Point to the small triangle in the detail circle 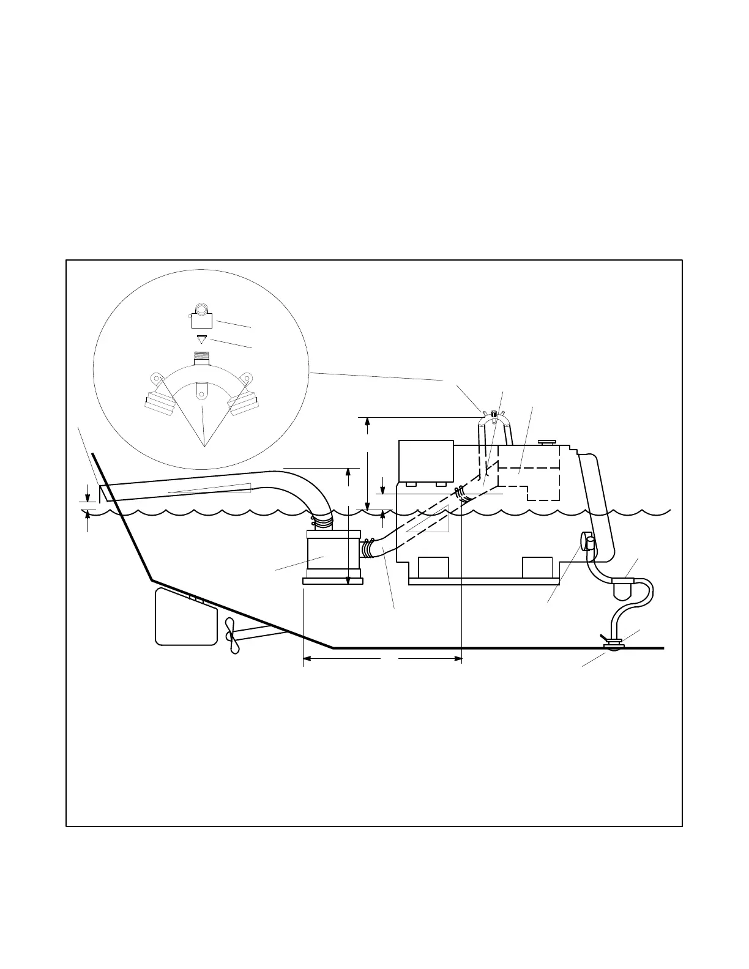pos(201,339)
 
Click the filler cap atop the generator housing pos(546,442)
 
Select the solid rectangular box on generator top pos(425,461)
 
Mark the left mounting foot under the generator pos(433,567)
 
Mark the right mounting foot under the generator pos(537,567)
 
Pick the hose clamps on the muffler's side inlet pos(368,548)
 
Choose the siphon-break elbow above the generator pos(494,417)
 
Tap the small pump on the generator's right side pos(587,541)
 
